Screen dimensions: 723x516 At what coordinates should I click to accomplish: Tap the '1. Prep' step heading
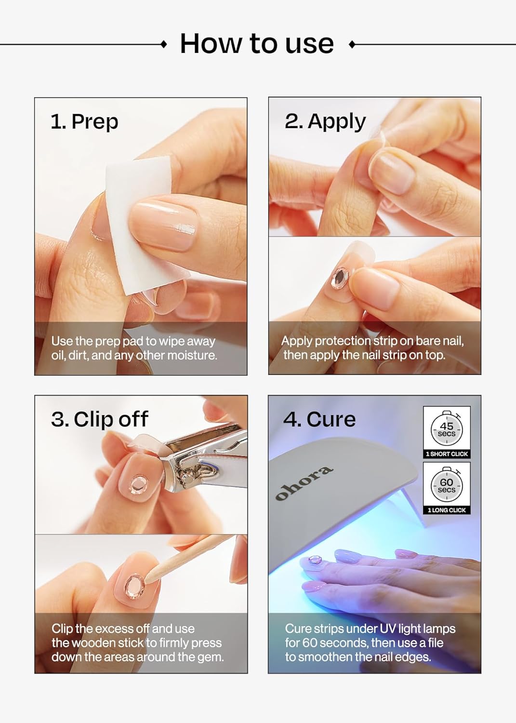coord(84,121)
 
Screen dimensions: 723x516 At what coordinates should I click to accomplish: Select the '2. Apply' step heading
coord(325,121)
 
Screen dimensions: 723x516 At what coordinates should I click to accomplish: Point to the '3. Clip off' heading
coord(100,419)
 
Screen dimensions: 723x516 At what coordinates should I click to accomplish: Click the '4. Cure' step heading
coord(319,419)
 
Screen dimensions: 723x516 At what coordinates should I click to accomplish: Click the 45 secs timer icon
coord(447,428)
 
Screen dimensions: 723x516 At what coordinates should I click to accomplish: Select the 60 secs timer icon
coord(447,485)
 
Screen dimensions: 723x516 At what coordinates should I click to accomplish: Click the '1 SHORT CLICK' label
coord(447,454)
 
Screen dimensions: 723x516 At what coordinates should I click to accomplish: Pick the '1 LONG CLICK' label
coord(447,510)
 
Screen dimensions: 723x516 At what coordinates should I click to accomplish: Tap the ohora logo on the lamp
coord(304,483)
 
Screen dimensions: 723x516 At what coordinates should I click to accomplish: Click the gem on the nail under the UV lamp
coord(315,560)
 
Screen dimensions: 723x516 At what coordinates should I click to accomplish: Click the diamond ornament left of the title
coord(164,44)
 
